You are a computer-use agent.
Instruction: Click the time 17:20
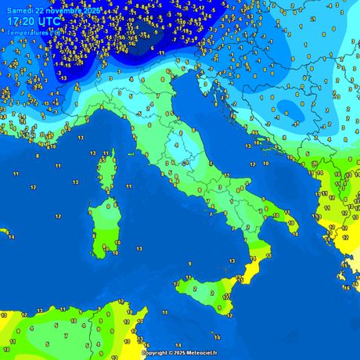[x=23, y=23]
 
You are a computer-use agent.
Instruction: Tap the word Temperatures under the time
[x=27, y=33]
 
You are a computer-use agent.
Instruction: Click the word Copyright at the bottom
[x=153, y=353]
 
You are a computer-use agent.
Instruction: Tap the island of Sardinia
[x=102, y=223]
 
